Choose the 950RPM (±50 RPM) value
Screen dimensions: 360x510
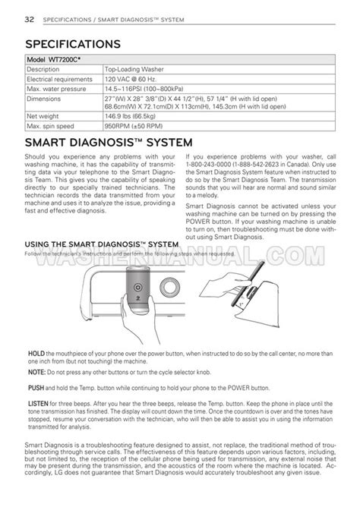tap(139, 126)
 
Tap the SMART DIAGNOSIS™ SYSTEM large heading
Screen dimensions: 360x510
tap(113, 143)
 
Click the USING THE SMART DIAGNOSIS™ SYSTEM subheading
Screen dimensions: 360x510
tap(102, 244)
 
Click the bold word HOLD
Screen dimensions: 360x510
tap(35, 354)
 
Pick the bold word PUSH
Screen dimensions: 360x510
tap(35, 387)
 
